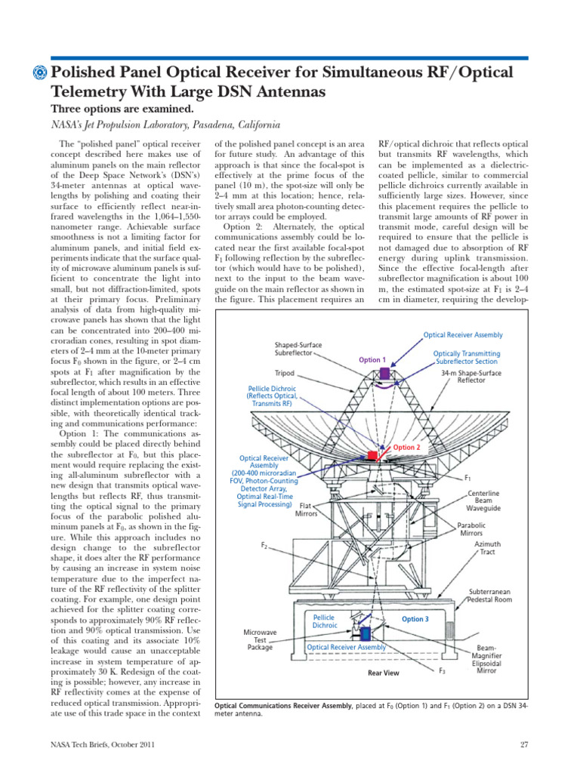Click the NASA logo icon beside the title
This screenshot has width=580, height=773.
click(39, 73)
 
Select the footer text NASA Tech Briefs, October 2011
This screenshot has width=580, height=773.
click(102, 745)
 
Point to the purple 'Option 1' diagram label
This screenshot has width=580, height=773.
click(372, 360)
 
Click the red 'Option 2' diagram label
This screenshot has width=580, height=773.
click(406, 448)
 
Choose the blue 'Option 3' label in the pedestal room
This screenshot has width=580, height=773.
click(415, 619)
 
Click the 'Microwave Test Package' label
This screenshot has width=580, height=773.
click(259, 639)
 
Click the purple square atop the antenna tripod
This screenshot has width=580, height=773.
click(384, 373)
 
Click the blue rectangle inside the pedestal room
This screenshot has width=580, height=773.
click(366, 633)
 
